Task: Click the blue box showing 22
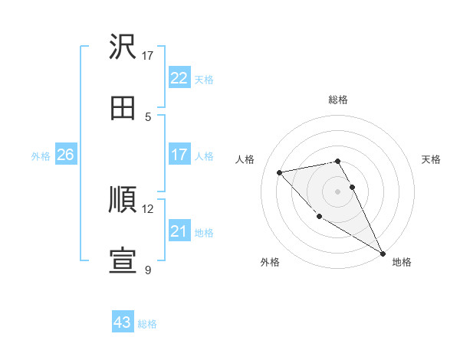(179, 77)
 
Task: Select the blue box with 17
(179, 155)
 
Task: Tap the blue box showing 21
(179, 231)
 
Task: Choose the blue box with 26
(66, 155)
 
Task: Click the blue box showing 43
(123, 322)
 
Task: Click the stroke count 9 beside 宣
(148, 270)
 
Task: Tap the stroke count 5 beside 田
(148, 116)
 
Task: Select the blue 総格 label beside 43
(147, 324)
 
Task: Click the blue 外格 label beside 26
(41, 155)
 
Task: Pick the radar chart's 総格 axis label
(338, 100)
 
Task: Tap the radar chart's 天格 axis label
(432, 159)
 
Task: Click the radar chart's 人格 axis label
(245, 159)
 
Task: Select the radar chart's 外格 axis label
(270, 262)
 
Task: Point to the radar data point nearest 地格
(383, 254)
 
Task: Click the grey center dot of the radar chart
(338, 191)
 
